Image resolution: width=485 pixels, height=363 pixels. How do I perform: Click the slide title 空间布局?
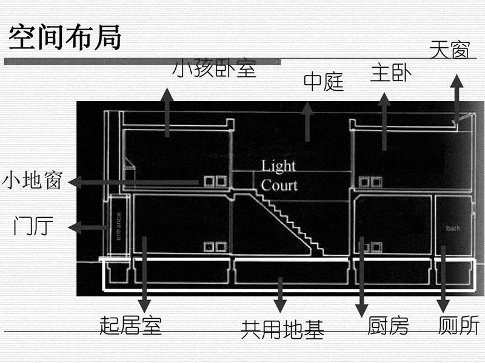click(x=65, y=38)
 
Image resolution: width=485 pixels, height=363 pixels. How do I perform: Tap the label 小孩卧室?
click(x=215, y=69)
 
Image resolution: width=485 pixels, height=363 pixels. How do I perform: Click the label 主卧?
click(x=391, y=74)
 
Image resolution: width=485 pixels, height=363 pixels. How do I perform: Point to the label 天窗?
click(x=449, y=50)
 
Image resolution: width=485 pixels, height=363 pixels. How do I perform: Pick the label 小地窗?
click(x=32, y=181)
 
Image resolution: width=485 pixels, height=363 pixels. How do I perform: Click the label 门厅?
click(x=34, y=227)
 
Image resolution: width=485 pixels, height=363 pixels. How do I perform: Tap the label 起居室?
click(x=130, y=326)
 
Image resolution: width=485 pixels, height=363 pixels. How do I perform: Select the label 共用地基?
click(x=283, y=329)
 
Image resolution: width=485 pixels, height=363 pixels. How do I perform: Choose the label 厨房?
click(x=389, y=326)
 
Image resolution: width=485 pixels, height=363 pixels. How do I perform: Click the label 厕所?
click(x=458, y=326)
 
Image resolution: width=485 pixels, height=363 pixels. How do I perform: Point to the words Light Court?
click(x=279, y=175)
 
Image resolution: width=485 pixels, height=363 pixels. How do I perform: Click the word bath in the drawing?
click(x=453, y=229)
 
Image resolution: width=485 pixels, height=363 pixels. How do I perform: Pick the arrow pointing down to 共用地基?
click(x=280, y=294)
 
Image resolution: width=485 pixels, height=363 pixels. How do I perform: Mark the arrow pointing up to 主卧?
click(x=384, y=121)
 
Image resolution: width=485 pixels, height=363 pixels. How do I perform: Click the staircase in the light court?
click(x=285, y=221)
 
